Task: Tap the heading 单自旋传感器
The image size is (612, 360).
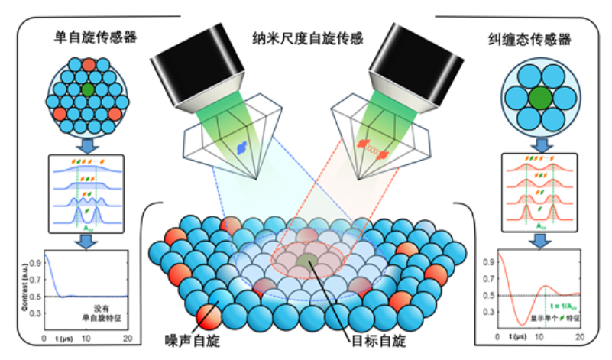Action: (x=85, y=36)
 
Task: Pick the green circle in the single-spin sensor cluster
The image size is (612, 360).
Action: (x=89, y=90)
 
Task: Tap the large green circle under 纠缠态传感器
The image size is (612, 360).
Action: (x=540, y=97)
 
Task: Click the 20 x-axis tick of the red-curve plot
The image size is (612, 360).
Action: (x=579, y=337)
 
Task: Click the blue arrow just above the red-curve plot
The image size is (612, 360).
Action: (x=540, y=236)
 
